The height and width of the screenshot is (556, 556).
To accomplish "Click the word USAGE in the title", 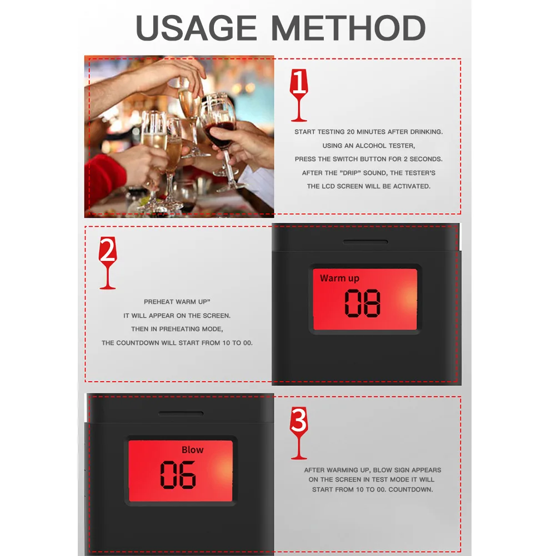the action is tap(196, 28).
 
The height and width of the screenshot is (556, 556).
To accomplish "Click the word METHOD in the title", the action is tap(348, 28).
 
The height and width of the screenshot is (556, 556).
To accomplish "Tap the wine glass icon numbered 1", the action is tap(299, 96).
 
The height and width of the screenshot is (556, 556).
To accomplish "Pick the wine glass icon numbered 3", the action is tap(299, 433).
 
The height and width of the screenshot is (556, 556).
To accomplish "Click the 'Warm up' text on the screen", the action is tap(339, 278).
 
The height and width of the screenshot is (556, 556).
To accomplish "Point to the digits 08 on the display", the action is tap(362, 303).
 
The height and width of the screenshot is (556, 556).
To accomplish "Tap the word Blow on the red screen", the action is tap(193, 449).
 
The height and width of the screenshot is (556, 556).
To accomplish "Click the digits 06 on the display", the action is tap(178, 475).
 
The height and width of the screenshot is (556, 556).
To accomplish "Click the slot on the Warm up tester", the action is tap(365, 242).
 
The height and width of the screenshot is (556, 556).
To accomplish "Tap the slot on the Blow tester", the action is tap(181, 413).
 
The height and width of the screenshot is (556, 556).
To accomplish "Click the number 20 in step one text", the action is tap(350, 132).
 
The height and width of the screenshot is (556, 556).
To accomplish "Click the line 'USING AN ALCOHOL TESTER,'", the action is tap(368, 146).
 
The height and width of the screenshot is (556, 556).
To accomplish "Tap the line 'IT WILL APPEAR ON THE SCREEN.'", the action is tap(177, 315).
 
